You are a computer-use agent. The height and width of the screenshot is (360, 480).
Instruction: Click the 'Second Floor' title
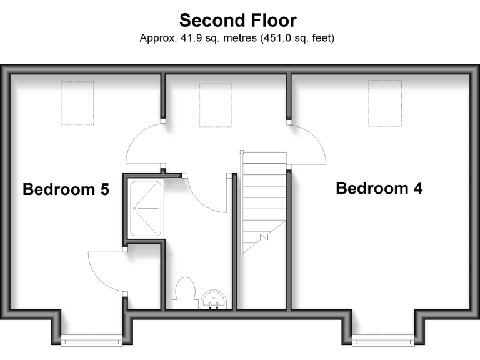[238, 21]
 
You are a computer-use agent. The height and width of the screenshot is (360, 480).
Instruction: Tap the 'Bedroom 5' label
[66, 189]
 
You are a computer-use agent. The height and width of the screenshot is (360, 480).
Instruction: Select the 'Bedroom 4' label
[379, 187]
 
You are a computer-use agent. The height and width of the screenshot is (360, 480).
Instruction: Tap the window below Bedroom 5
[92, 341]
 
